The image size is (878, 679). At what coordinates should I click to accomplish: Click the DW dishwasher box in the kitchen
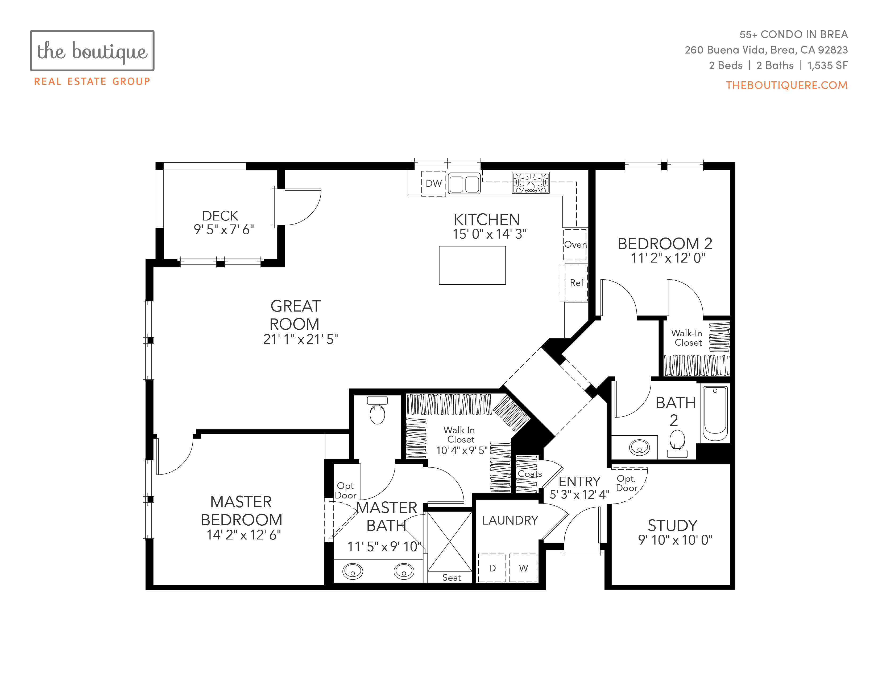(433, 183)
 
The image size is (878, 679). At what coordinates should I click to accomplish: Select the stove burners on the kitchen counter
(531, 183)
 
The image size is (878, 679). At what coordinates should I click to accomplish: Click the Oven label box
(575, 244)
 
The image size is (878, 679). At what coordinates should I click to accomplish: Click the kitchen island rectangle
(472, 265)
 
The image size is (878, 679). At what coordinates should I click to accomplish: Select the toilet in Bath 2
(677, 444)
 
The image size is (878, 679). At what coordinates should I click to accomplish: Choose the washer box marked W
(523, 568)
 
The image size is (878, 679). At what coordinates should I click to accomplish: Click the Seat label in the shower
(452, 578)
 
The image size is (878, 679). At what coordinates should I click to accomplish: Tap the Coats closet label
(530, 474)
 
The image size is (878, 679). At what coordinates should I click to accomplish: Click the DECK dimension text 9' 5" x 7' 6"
(224, 229)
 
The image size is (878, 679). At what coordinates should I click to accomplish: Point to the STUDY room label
(673, 525)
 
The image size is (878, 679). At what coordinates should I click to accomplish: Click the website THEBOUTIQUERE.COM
(787, 85)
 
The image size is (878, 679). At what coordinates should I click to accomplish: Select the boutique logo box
(92, 51)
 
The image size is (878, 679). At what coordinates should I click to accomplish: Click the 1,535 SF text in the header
(828, 65)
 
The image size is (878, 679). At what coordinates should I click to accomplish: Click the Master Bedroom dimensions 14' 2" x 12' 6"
(244, 535)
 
